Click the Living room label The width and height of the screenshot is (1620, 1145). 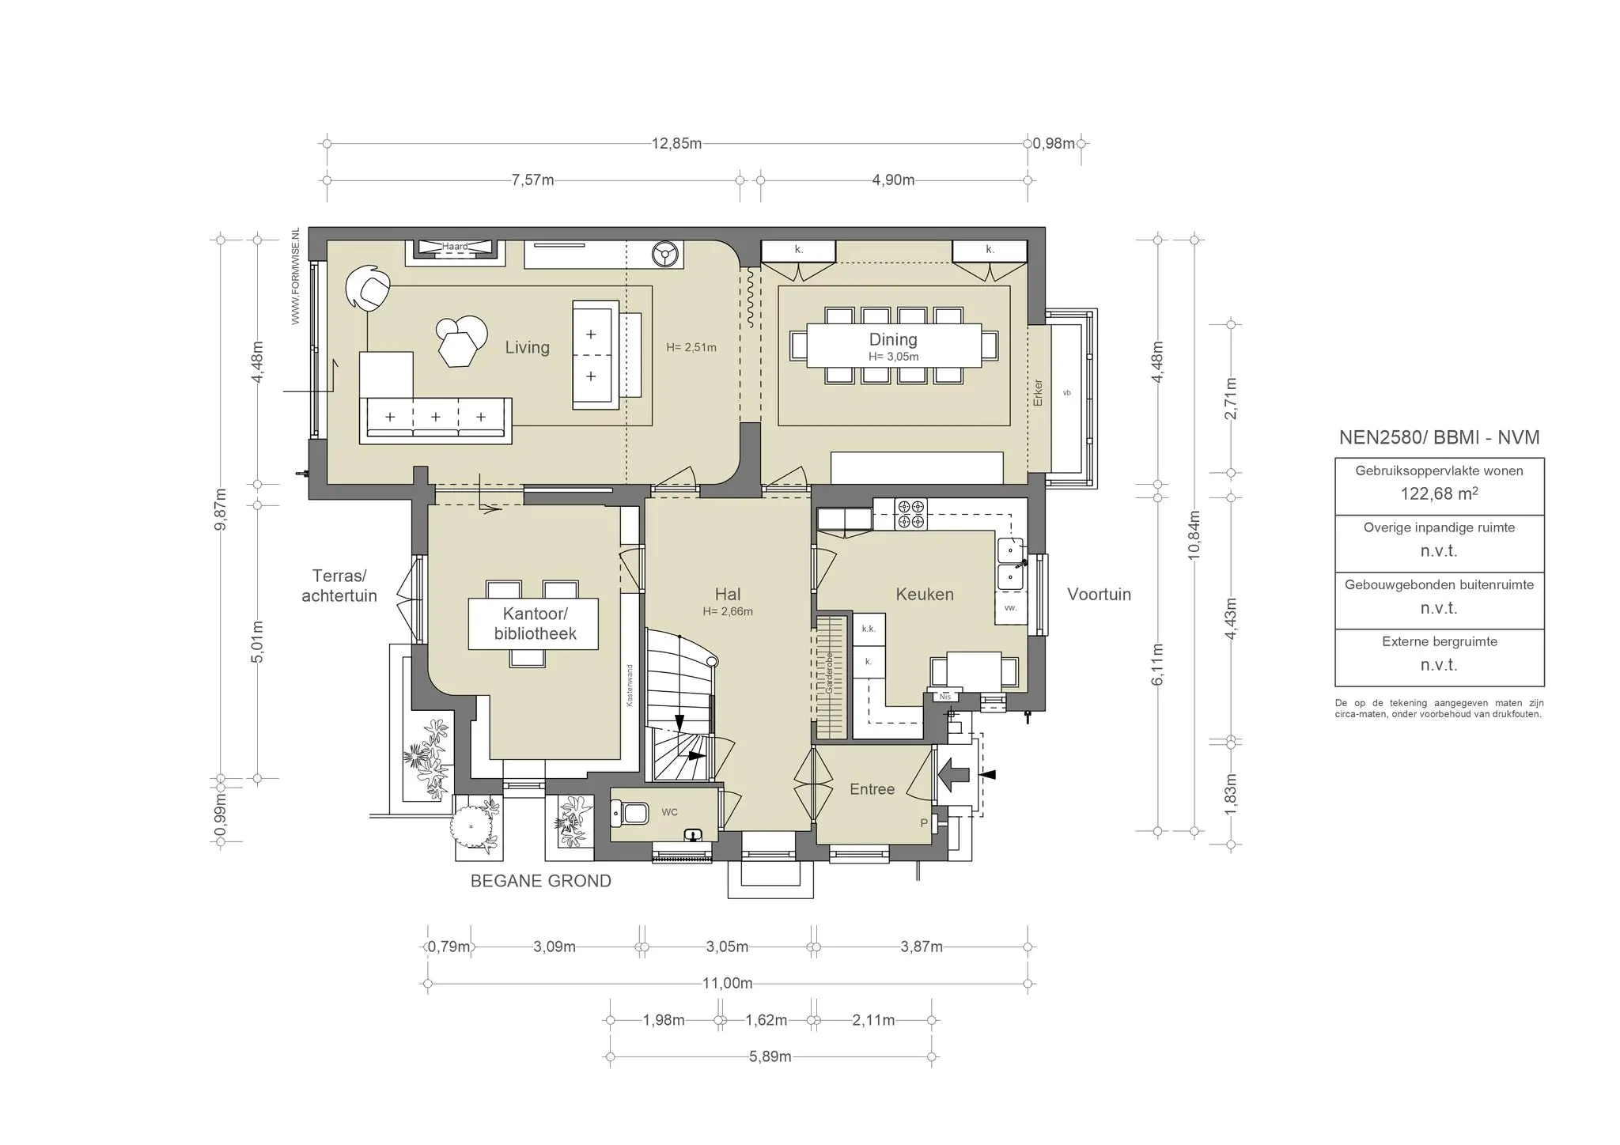click(527, 347)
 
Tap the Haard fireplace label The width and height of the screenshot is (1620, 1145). click(455, 247)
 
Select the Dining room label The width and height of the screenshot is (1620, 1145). click(893, 339)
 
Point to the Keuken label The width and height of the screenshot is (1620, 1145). click(925, 594)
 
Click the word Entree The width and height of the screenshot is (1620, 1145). click(872, 789)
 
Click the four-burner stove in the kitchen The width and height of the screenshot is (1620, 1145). click(910, 514)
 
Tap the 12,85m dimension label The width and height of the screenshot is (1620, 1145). click(676, 144)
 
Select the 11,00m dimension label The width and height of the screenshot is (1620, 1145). click(728, 984)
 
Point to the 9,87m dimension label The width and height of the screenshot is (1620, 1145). click(221, 509)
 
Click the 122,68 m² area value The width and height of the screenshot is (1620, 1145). click(1440, 493)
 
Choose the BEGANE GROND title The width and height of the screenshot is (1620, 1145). click(541, 881)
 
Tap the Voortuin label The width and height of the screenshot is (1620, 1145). click(1099, 595)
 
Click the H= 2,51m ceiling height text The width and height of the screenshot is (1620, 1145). click(691, 347)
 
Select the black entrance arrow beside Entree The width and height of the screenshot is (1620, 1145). click(953, 776)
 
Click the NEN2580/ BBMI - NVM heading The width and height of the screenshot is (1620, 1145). click(1440, 438)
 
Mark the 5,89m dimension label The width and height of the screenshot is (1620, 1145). click(770, 1056)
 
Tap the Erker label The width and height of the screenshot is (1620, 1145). click(1039, 393)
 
